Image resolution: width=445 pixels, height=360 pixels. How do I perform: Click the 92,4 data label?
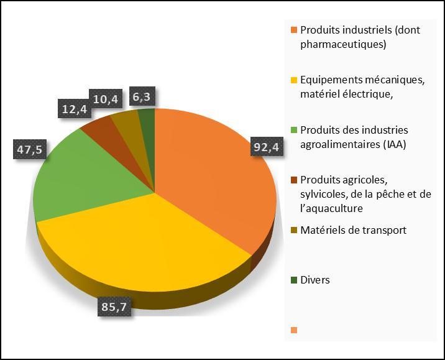[x=267, y=147]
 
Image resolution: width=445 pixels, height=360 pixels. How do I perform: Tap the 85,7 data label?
[x=116, y=307]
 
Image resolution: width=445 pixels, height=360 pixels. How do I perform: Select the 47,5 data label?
[x=29, y=151]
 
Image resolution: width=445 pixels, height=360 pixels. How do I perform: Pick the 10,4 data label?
[x=106, y=98]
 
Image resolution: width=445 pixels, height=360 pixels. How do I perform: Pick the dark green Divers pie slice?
[x=147, y=116]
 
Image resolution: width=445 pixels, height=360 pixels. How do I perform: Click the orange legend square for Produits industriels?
[x=293, y=30]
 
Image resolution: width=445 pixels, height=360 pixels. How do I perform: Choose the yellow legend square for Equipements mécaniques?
[x=293, y=80]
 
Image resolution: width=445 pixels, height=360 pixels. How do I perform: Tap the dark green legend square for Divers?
[x=293, y=280]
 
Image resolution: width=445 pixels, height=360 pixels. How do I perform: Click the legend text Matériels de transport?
[x=353, y=230]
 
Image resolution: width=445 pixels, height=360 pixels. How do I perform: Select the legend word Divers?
[x=314, y=280]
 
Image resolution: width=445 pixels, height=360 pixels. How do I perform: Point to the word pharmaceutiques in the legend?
[x=343, y=45]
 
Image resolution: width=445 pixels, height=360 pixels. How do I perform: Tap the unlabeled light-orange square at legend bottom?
[x=293, y=330]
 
